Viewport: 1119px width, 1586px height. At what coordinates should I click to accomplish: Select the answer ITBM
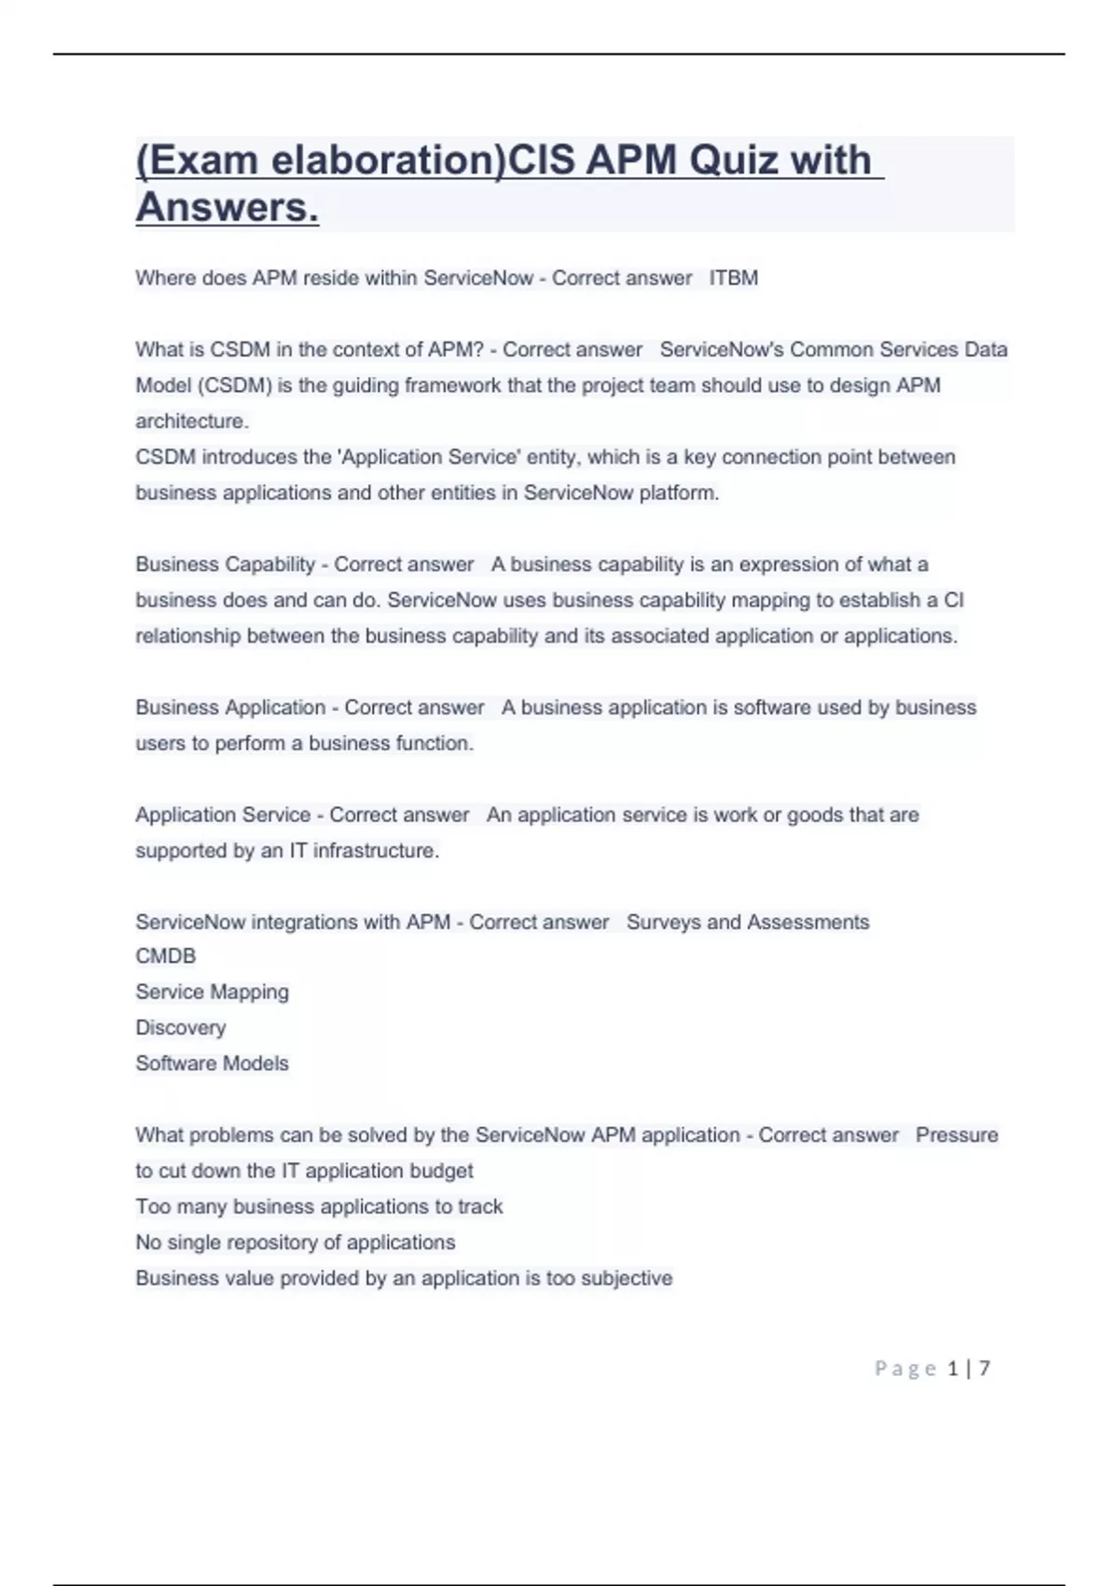point(734,278)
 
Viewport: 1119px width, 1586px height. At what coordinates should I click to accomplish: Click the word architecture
point(192,421)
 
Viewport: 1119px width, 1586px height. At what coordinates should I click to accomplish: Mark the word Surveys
point(663,922)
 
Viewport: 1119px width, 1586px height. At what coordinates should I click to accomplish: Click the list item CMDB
point(166,956)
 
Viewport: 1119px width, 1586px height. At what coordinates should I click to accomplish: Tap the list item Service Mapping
point(212,992)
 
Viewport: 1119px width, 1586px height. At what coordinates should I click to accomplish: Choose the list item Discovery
point(181,1027)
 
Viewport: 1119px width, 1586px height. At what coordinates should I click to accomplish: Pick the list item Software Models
point(212,1064)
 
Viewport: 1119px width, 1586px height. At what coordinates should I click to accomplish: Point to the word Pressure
point(957,1135)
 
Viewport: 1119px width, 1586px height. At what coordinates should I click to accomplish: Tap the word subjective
point(626,1278)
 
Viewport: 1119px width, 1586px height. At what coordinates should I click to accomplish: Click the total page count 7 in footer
point(984,1369)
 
